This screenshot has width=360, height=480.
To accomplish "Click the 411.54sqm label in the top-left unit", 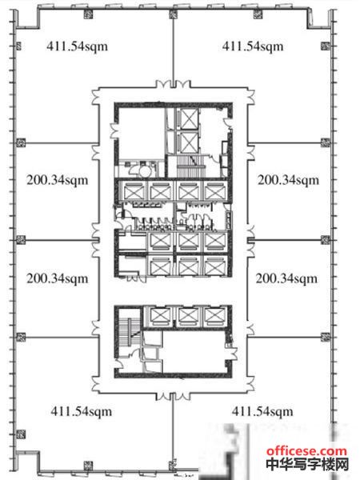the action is pyautogui.click(x=77, y=46).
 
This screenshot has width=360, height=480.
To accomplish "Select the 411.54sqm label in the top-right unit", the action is pyautogui.click(x=253, y=46).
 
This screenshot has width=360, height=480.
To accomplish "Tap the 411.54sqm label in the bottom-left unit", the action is pyautogui.click(x=82, y=411).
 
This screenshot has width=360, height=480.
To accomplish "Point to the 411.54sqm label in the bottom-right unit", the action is pyautogui.click(x=262, y=411).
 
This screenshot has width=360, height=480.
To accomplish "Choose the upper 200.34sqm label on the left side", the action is pyautogui.click(x=58, y=180).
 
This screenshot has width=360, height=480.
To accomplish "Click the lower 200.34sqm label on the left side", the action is pyautogui.click(x=58, y=278).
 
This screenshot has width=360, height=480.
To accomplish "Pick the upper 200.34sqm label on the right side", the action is pyautogui.click(x=288, y=180).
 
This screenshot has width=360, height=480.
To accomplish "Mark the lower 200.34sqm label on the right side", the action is pyautogui.click(x=286, y=278).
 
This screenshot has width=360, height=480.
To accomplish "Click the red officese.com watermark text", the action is pyautogui.click(x=306, y=451).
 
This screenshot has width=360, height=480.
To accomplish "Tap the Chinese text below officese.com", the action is pyautogui.click(x=307, y=464).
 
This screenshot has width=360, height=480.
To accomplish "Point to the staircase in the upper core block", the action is pyautogui.click(x=190, y=166).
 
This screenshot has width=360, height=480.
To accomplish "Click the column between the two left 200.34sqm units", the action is pyautogui.click(x=21, y=240).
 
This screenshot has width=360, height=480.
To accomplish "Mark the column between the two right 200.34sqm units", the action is pyautogui.click(x=326, y=240).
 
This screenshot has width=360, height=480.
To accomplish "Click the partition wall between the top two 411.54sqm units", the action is pyautogui.click(x=174, y=49).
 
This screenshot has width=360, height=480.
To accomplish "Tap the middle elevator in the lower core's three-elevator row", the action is pyautogui.click(x=187, y=317).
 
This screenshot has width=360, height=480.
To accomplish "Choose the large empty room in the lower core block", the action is pyautogui.click(x=194, y=351).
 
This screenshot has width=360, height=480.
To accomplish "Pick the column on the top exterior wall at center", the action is pyautogui.click(x=174, y=14).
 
